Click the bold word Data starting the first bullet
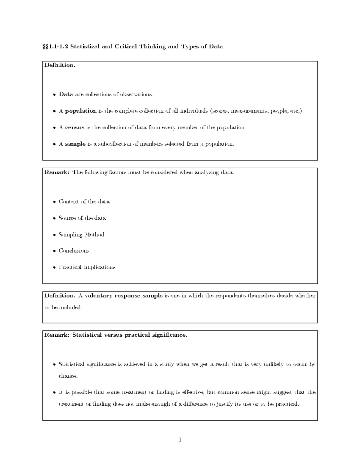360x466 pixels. pos(66,95)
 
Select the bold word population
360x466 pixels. pos(81,111)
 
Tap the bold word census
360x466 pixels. pos(75,128)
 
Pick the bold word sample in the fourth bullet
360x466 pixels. pos(75,144)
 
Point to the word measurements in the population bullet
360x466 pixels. pos(250,111)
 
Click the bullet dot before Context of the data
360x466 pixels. pos(54,202)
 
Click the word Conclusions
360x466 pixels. pos(74,251)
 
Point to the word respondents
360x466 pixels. pos(229,296)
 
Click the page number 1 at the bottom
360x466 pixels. pos(180,440)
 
